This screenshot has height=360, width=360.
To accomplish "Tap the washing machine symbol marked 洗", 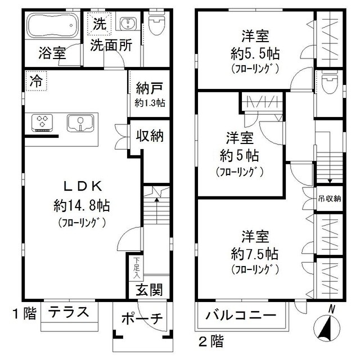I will pos(99,24).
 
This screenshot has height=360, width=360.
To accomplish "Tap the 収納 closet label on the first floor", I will pos(150,135).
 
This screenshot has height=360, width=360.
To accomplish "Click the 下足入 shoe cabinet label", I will pos(137,268).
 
